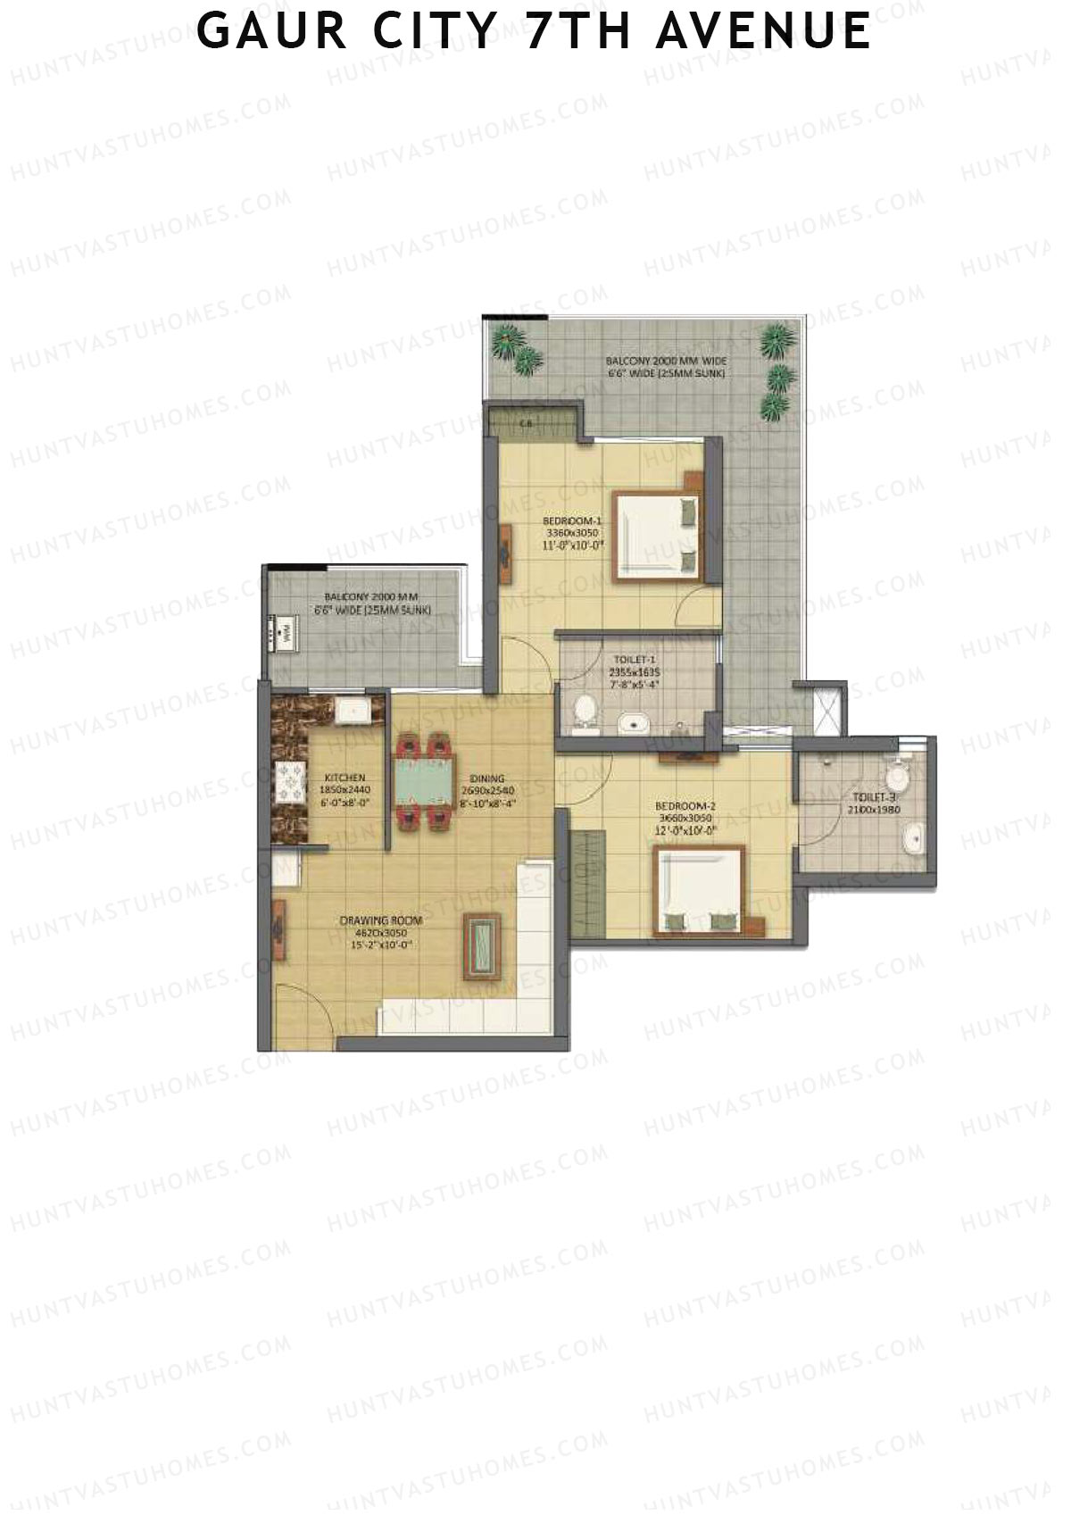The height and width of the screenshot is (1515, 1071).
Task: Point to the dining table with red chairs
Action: (424, 779)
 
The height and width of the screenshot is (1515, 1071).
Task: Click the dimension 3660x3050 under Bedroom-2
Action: (685, 818)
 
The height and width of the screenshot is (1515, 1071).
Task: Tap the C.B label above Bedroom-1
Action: (527, 425)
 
